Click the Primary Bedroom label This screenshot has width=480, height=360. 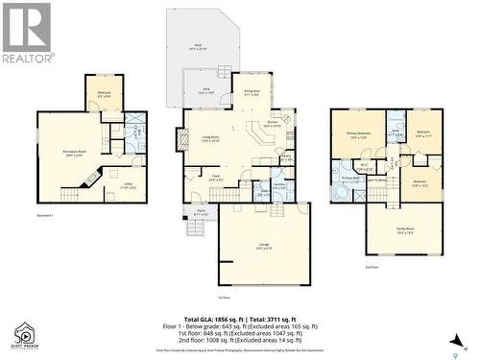coord(358,135)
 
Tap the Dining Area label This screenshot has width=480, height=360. coord(251,91)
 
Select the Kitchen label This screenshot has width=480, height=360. coord(272,123)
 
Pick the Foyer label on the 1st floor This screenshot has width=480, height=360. coord(216,178)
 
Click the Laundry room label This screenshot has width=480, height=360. coord(277,184)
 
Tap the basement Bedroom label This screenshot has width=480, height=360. coord(104,94)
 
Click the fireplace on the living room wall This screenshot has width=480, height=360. coord(179,140)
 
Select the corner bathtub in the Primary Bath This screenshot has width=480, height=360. coord(339,192)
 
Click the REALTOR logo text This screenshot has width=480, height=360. coord(27,58)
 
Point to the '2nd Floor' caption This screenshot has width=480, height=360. coord(372,266)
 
